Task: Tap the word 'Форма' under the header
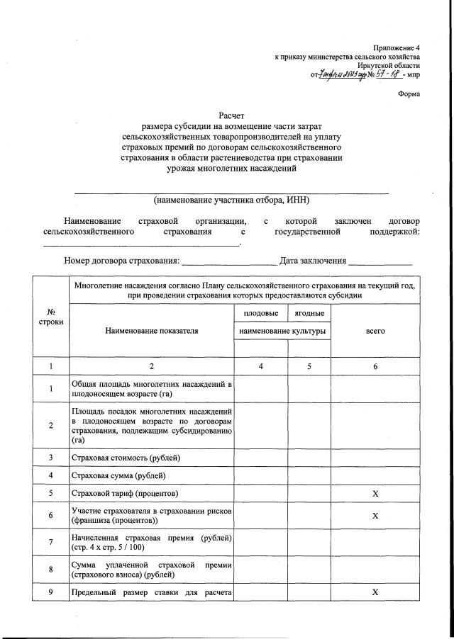point(409,94)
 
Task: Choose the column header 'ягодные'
point(309,312)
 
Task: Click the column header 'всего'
point(375,331)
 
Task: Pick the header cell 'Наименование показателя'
point(152,331)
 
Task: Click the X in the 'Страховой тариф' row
point(375,492)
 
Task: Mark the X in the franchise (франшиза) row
point(375,516)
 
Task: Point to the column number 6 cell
point(375,366)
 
